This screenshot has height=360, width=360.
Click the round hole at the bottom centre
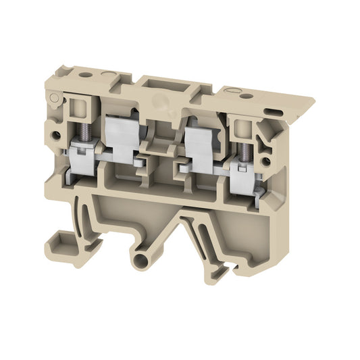pyautogui.click(x=142, y=261)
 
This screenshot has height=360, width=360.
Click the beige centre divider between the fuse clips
pyautogui.click(x=162, y=145)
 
